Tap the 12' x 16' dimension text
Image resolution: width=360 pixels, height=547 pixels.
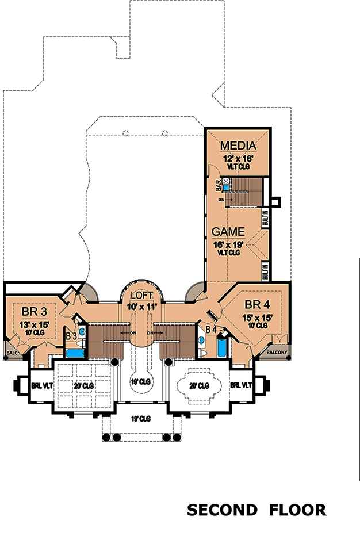(238, 156)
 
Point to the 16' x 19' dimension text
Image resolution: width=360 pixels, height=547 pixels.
(228, 244)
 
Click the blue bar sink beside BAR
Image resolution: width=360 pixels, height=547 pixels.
(226, 188)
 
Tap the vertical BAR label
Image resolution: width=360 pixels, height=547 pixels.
(219, 185)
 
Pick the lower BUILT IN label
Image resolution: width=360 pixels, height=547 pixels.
(266, 271)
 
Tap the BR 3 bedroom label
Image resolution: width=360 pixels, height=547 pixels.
(34, 312)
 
